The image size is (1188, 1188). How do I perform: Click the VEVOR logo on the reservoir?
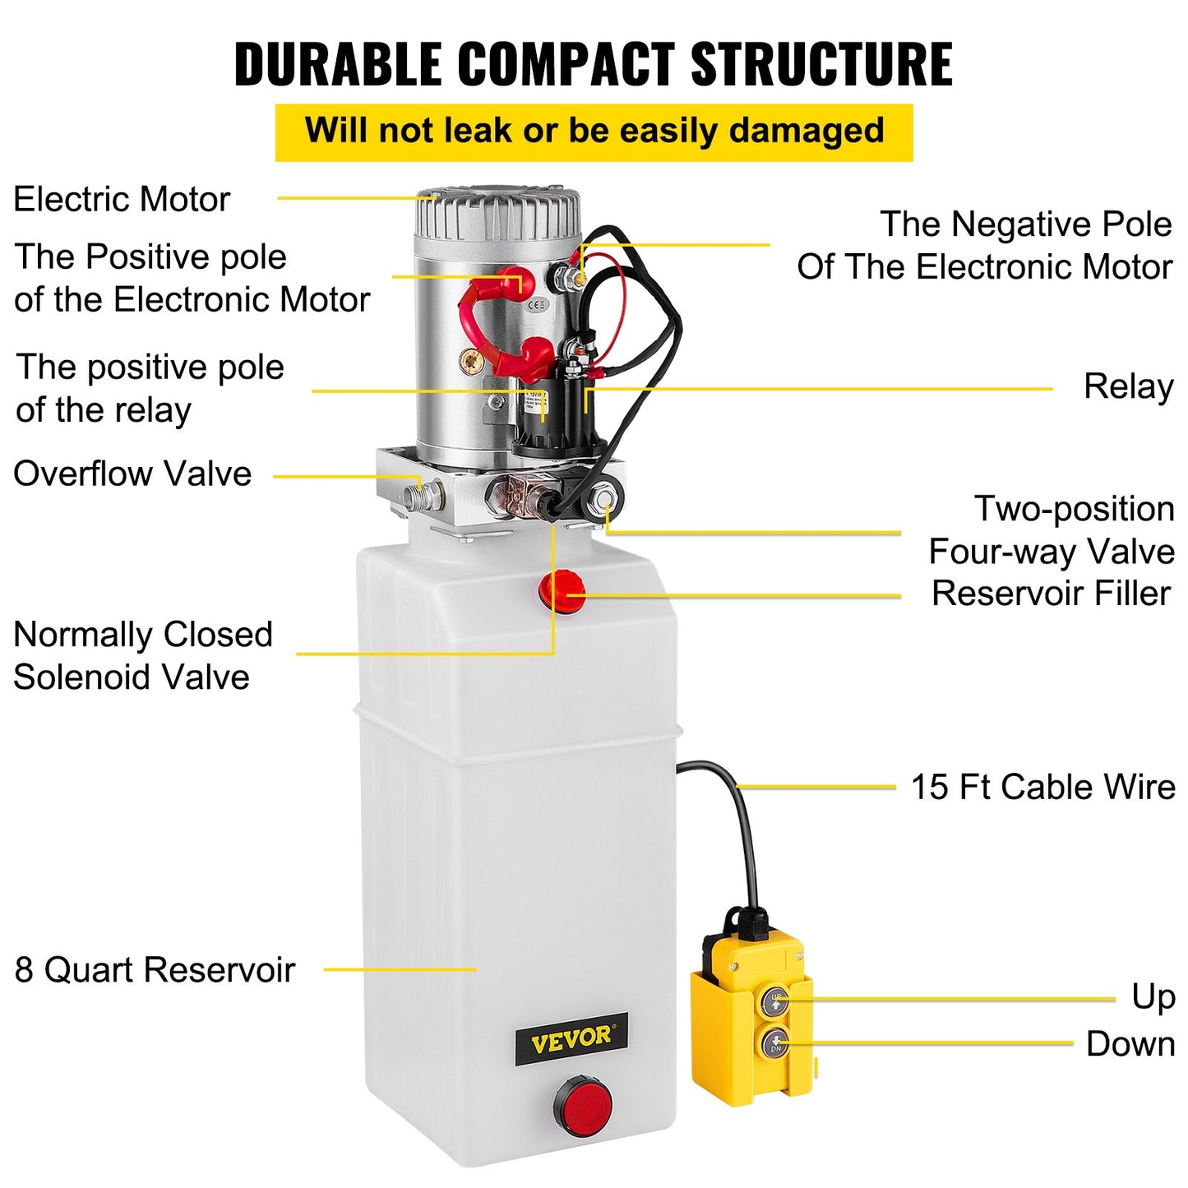pos(571,1039)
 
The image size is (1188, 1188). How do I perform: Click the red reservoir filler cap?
pos(562,590)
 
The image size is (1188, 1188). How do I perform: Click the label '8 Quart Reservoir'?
pos(155,970)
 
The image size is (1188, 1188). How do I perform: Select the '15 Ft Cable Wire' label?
pos(1042,787)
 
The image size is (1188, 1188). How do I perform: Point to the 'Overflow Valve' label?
pos(132,474)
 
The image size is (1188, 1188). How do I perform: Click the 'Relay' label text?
pos(1128,386)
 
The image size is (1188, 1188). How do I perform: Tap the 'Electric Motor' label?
pos(122,199)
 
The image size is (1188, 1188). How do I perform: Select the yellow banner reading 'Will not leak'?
pos(594,132)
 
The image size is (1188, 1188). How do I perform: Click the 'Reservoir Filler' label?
pos(1050,594)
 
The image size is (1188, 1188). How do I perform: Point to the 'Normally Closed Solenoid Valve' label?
pos(142,656)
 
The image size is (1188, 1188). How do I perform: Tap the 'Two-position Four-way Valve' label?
pos(1052,530)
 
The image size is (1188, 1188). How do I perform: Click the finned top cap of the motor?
pos(497,212)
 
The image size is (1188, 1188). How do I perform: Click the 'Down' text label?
pos(1130,1044)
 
